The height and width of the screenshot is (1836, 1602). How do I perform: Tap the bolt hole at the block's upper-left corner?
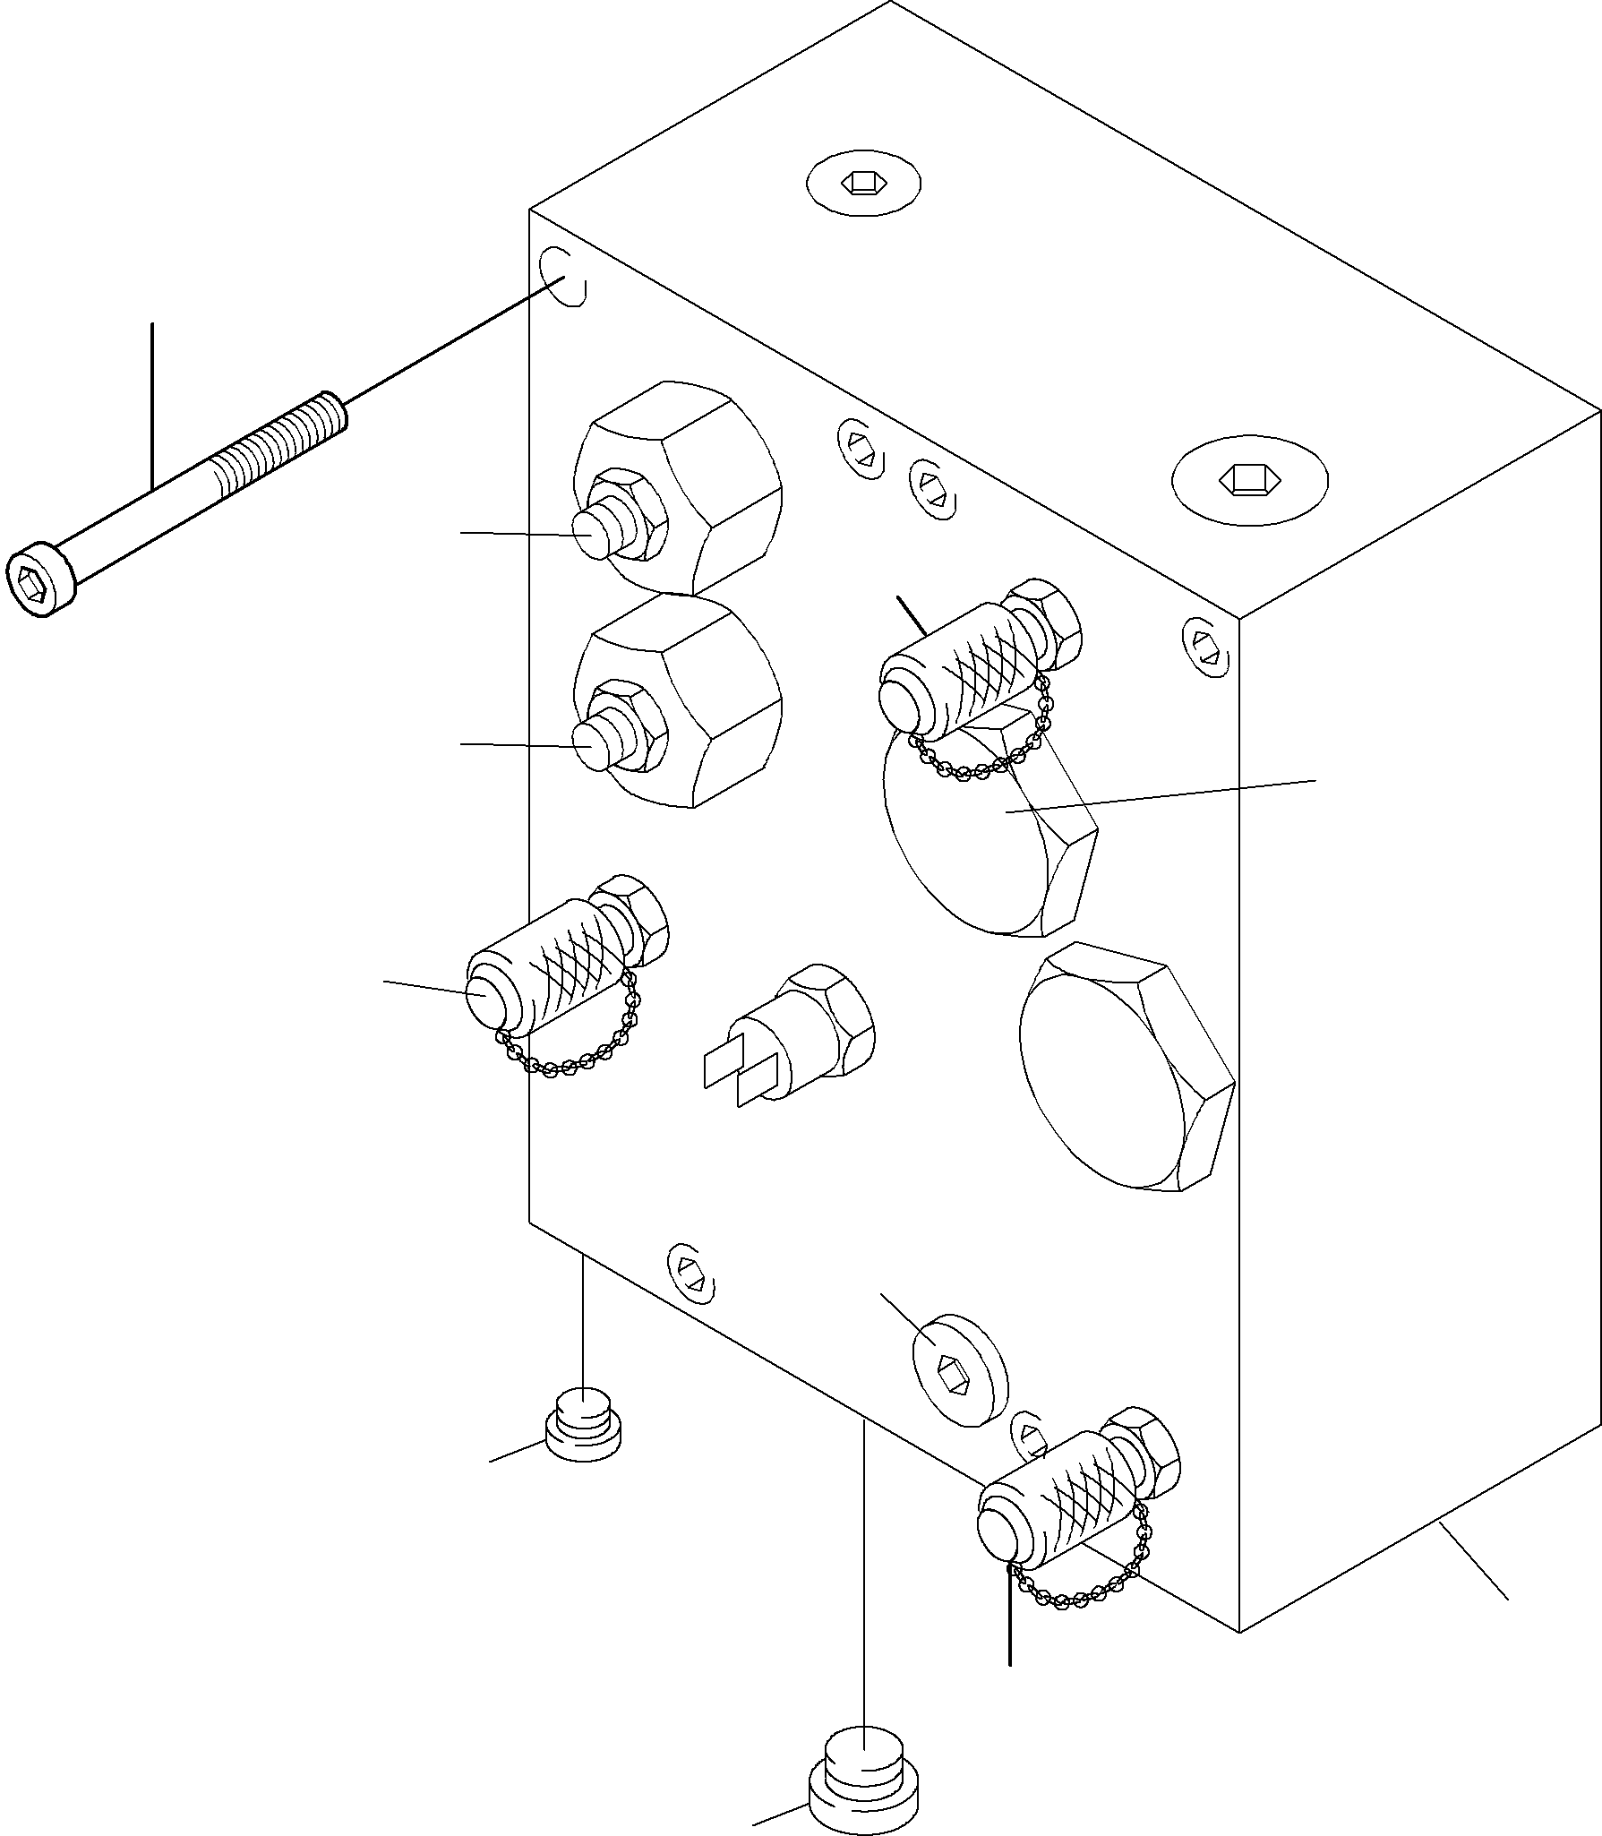[562, 277]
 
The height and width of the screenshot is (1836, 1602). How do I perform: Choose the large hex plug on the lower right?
[1124, 1066]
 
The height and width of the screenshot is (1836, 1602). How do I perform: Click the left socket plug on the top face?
[863, 184]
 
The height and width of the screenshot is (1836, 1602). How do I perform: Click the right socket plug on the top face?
[1249, 479]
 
